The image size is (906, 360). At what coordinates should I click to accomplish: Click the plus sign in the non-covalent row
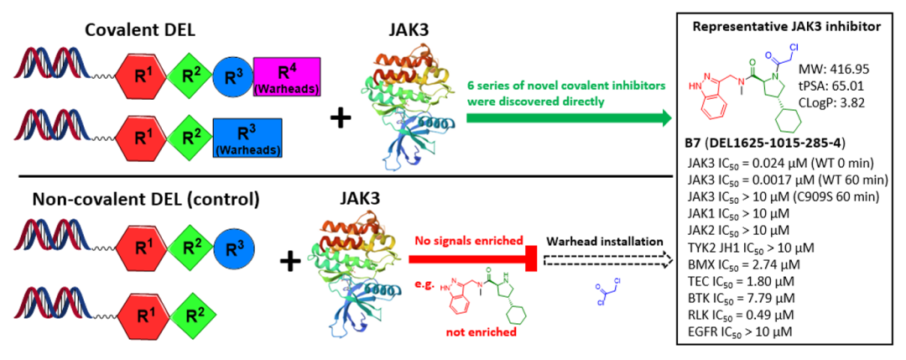point(290,262)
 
